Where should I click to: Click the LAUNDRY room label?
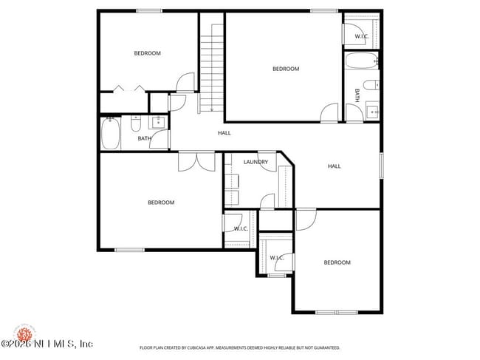click(x=256, y=162)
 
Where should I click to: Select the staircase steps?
click(x=212, y=67)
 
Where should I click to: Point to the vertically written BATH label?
click(x=357, y=95)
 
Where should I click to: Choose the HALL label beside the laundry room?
click(x=335, y=166)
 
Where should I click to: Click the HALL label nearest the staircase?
click(x=224, y=133)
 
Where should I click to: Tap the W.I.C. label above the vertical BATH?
click(x=362, y=36)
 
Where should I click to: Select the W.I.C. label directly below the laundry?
click(x=241, y=228)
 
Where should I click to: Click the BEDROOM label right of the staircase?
click(x=286, y=69)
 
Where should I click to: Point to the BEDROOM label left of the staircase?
click(x=147, y=53)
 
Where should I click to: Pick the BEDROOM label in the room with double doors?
click(x=160, y=203)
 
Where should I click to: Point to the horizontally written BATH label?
click(x=144, y=138)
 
